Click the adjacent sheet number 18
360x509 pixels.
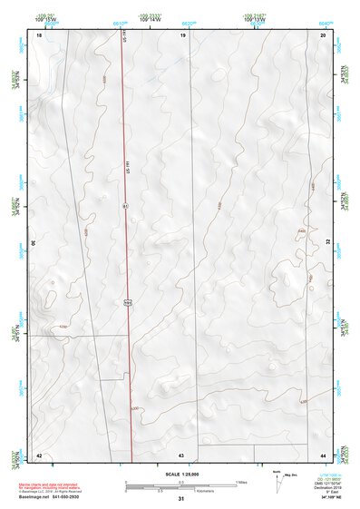[39, 34]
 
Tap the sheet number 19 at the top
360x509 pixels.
[182, 34]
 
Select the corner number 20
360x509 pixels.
[323, 34]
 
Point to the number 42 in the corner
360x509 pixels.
[39, 454]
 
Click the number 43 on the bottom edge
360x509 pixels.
[181, 454]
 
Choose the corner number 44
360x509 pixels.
[323, 454]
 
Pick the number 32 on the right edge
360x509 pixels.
[328, 243]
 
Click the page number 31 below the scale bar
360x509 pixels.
[181, 499]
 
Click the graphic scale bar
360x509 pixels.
[181, 483]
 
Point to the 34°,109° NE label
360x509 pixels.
[333, 497]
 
